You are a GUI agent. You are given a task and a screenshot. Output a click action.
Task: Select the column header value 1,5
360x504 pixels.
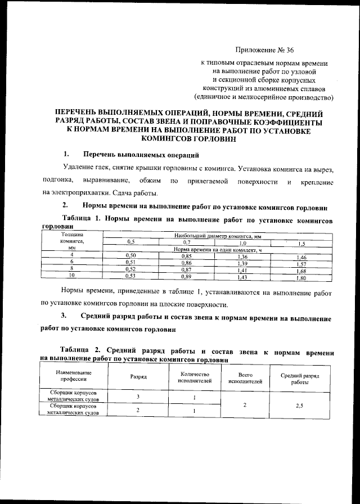click(301, 243)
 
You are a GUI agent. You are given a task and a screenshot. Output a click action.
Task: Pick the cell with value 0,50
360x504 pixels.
click(130, 256)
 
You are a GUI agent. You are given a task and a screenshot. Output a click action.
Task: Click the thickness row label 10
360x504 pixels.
click(71, 276)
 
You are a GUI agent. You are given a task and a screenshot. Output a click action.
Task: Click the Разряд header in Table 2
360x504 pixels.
click(138, 378)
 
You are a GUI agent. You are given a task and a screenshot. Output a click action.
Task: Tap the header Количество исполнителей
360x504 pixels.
click(194, 377)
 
